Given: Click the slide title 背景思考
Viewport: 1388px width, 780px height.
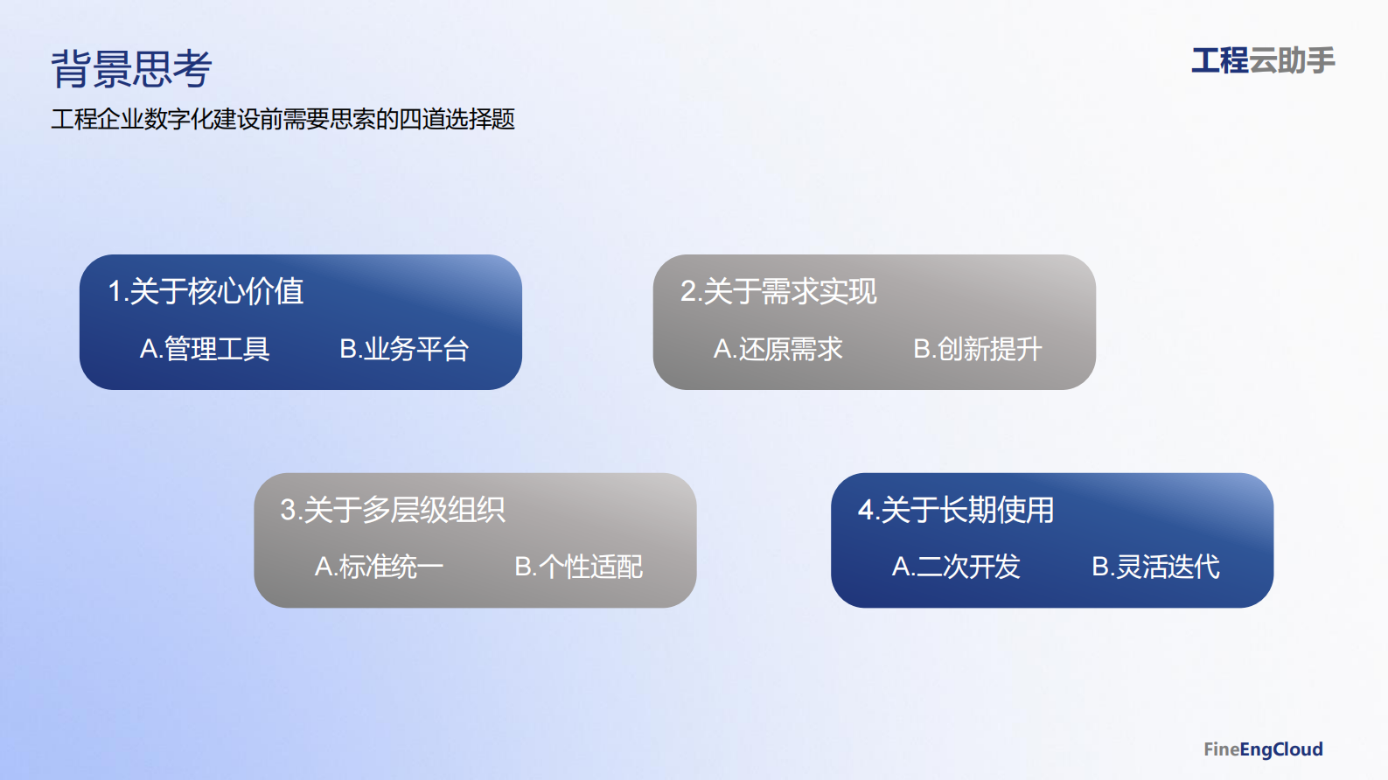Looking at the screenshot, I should pos(131,69).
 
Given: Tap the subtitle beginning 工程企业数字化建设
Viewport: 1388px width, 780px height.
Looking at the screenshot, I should pos(282,119).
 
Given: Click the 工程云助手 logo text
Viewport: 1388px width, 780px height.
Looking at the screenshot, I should pos(1263,61).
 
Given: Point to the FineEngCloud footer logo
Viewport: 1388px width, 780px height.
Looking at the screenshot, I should pos(1263,749).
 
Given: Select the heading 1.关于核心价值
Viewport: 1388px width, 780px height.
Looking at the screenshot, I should pos(206,291).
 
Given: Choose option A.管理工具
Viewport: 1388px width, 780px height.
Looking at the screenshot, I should pos(205,349).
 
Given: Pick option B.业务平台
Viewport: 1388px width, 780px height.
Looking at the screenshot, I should pos(404,349).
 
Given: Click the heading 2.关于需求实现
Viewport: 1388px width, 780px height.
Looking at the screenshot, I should pos(778,291).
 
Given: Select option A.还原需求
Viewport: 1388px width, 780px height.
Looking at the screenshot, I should pos(778,349).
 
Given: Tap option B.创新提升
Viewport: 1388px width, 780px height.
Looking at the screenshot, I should pos(978,349).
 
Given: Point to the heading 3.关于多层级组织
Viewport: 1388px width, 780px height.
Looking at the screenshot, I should pos(393,510).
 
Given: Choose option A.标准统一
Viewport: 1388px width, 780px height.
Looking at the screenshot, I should pos(379,567).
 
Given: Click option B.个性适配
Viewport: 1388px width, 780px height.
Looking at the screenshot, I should pos(579,567).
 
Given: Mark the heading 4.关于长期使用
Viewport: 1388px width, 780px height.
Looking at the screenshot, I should pos(956,510).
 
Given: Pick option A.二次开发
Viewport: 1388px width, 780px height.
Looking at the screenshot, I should pos(956,567).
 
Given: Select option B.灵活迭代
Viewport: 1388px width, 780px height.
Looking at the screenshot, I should pos(1155,567).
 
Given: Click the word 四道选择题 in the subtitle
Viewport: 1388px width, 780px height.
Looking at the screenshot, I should pos(457,119).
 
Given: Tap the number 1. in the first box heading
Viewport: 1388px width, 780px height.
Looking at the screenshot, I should pos(116,292).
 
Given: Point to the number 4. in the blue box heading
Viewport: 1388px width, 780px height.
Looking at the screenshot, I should pos(867,511).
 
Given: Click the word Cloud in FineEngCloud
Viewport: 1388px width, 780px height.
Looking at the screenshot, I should pos(1298,749).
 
